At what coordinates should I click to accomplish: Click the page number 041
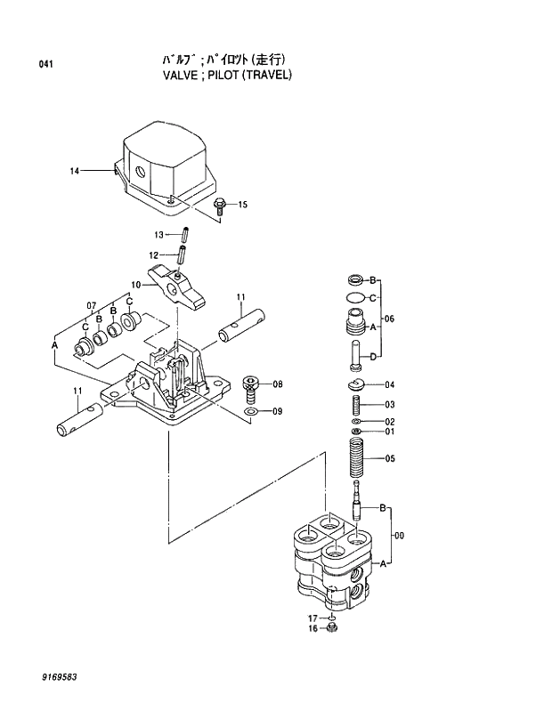pyautogui.click(x=46, y=64)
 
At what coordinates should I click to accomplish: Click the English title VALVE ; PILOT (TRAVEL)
pyautogui.click(x=227, y=76)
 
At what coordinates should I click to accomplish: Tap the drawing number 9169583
pyautogui.click(x=59, y=677)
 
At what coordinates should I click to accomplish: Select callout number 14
pyautogui.click(x=75, y=169)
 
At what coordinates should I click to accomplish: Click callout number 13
pyautogui.click(x=158, y=235)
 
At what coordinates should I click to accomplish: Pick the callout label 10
pyautogui.click(x=136, y=285)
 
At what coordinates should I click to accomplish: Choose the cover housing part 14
pyautogui.click(x=167, y=166)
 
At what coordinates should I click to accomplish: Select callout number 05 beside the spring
pyautogui.click(x=389, y=459)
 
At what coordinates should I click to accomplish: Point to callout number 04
pyautogui.click(x=389, y=385)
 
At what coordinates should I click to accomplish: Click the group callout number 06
pyautogui.click(x=389, y=319)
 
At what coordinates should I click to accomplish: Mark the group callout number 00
pyautogui.click(x=399, y=536)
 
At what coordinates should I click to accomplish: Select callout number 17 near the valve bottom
pyautogui.click(x=313, y=618)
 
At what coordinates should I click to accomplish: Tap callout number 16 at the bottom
pyautogui.click(x=313, y=629)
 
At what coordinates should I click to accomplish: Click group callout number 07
pyautogui.click(x=91, y=306)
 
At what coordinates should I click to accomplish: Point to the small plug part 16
pyautogui.click(x=332, y=629)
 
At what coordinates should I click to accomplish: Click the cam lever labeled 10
pyautogui.click(x=176, y=287)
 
